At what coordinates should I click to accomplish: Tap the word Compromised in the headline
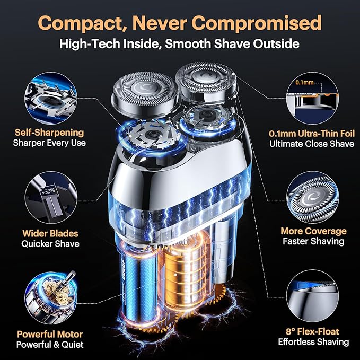point(257,22)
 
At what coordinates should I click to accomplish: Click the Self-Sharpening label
point(49,133)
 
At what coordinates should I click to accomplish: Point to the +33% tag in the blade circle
point(48,191)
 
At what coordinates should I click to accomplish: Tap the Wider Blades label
point(50,233)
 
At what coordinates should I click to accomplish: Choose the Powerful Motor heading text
point(50,334)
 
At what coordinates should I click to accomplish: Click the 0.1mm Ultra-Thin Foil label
point(312,134)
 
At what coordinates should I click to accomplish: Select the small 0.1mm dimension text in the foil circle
point(304,82)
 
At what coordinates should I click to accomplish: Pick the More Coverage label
point(314,231)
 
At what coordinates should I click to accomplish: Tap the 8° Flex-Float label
point(312,332)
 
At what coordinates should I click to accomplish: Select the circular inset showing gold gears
point(51,298)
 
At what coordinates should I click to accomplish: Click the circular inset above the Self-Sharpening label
point(51,98)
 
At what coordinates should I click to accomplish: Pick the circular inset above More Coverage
point(312,197)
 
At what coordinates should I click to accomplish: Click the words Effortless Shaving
point(314,342)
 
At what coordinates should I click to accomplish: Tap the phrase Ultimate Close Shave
point(312,144)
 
